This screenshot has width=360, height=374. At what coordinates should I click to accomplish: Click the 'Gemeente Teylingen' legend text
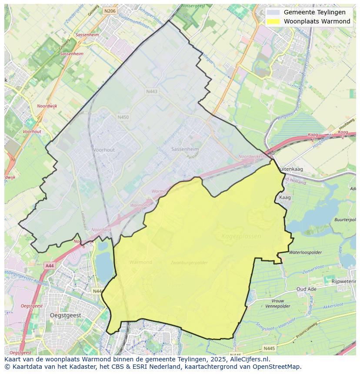click(x=314, y=12)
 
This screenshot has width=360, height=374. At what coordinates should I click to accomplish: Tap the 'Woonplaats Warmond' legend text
click(x=317, y=21)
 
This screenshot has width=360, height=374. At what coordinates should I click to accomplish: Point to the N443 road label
click(x=152, y=91)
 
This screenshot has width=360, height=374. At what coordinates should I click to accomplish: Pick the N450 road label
click(x=123, y=117)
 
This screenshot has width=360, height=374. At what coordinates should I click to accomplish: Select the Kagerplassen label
click(x=241, y=236)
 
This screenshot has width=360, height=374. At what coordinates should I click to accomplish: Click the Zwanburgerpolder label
click(x=189, y=262)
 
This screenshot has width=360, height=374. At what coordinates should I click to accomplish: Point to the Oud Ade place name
click(x=306, y=289)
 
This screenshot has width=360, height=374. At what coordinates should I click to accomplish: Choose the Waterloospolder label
click(x=305, y=252)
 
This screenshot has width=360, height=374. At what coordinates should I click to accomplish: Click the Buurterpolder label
click(x=346, y=220)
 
